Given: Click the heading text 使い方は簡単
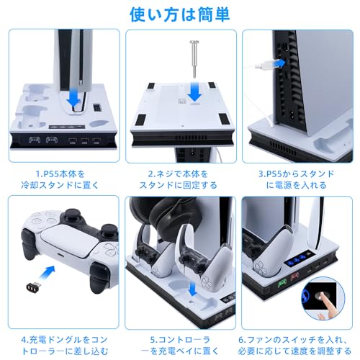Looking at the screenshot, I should coord(180,14).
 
